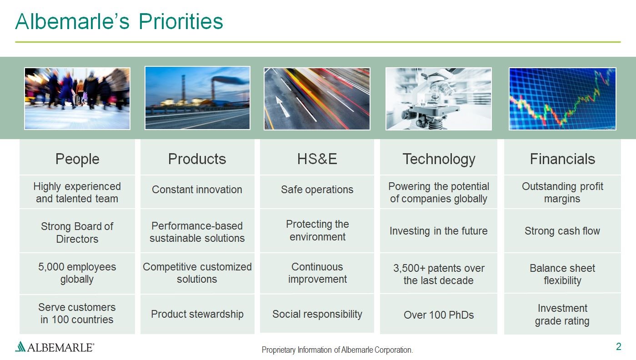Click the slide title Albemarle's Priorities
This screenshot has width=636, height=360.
pos(119,21)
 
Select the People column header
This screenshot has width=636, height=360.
pos(77,159)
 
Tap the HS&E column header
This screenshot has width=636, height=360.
pos(317,159)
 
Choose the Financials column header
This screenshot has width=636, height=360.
pos(562,159)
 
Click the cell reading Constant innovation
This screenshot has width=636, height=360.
pos(197,190)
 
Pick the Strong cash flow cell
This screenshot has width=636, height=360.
pos(562,231)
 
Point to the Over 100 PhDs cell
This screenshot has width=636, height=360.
pos(439,315)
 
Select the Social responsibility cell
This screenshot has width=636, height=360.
pos(317,314)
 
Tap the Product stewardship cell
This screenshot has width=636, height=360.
pos(197,314)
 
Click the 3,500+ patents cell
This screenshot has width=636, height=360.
pos(439,274)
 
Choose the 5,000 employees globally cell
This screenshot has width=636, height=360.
pos(77,273)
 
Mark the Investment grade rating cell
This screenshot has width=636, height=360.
pos(562,314)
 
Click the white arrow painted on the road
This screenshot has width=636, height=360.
pos(282,106)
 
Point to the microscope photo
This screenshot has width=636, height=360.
pos(439,99)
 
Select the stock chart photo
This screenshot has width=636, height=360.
pos(562,99)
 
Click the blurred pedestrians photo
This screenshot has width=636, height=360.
pos(77,99)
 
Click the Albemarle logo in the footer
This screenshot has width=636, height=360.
pos(55,347)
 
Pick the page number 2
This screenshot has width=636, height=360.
pos(619,347)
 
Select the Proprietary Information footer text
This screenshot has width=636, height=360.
pos(337,350)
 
